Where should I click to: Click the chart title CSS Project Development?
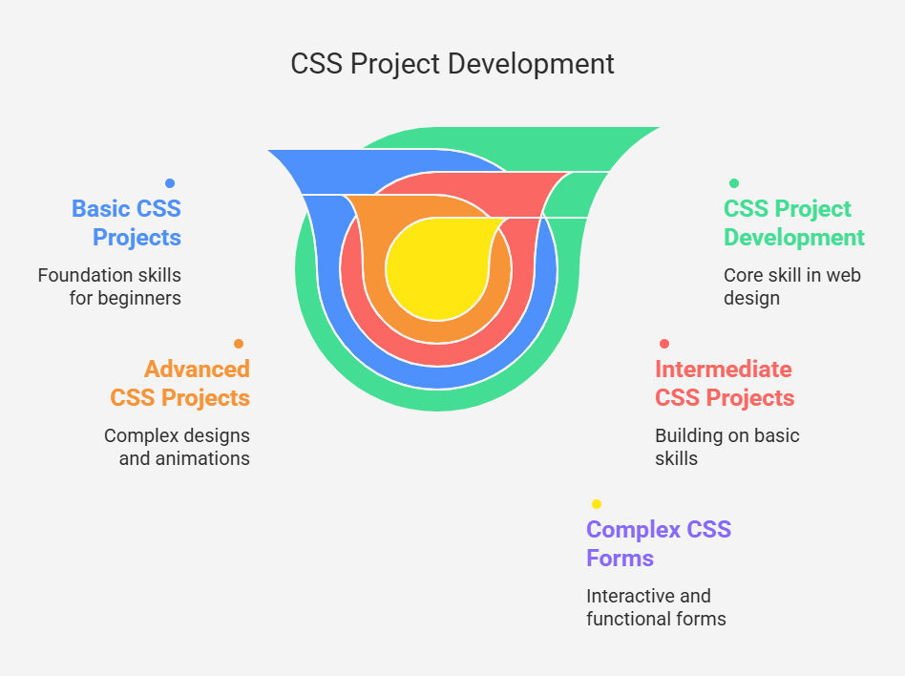click(452, 64)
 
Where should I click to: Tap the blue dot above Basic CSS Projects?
click(170, 183)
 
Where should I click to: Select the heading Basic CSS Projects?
click(126, 222)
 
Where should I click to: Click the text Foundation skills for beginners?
click(110, 286)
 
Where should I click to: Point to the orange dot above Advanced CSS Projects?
click(239, 344)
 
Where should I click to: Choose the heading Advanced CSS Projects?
click(180, 383)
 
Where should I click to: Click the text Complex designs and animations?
click(178, 447)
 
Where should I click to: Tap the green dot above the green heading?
click(733, 183)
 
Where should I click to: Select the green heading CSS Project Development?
click(794, 222)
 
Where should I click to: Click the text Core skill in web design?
click(792, 286)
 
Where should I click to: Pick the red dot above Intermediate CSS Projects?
click(664, 344)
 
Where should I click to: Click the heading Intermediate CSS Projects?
click(725, 383)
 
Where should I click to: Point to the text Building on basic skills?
click(727, 447)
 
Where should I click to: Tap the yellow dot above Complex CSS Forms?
click(597, 504)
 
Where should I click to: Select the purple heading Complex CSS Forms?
click(659, 544)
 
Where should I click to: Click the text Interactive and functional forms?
click(656, 607)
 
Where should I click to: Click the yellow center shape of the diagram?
click(437, 268)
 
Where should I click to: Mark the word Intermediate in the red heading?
click(724, 370)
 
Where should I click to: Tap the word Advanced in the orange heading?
click(198, 370)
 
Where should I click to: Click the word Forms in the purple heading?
click(620, 559)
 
